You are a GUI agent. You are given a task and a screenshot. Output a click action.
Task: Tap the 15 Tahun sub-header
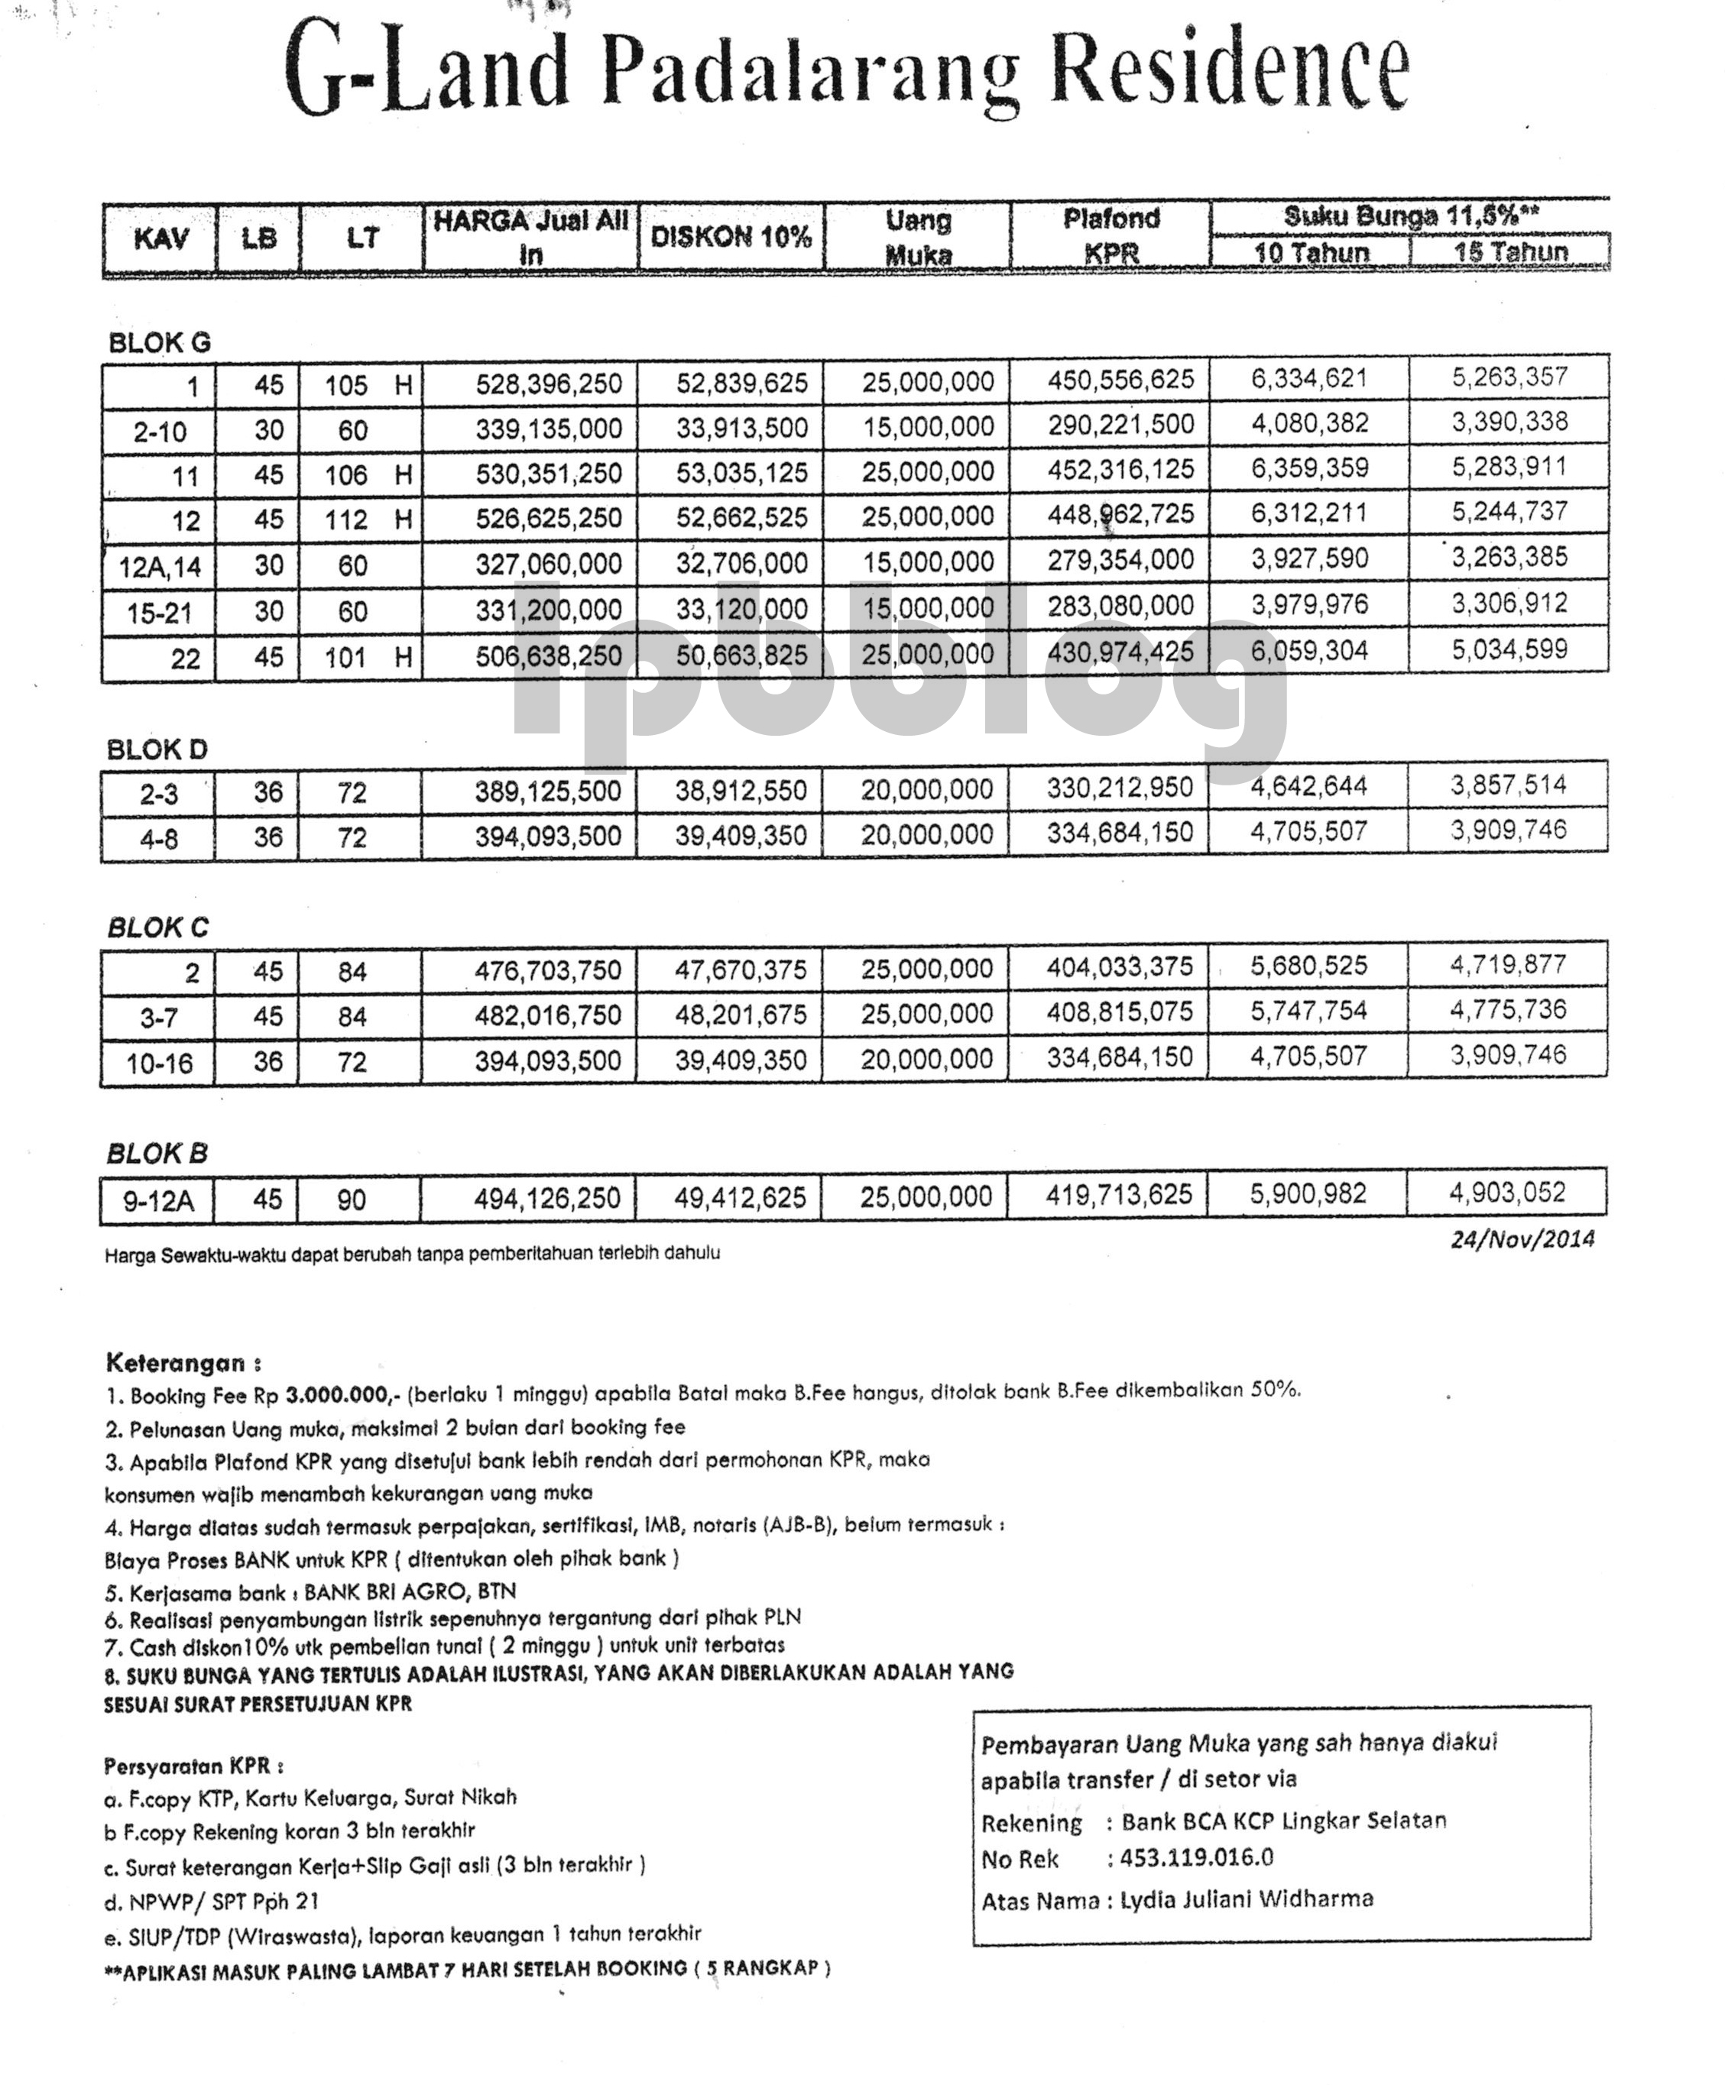pos(1510,252)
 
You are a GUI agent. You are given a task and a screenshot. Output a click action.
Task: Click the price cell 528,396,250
pos(548,384)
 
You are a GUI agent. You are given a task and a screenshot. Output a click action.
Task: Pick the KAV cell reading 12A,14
pos(160,567)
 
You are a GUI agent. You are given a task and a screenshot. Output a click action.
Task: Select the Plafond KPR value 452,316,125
pos(1120,470)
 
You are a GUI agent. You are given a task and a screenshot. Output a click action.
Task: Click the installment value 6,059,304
pos(1309,651)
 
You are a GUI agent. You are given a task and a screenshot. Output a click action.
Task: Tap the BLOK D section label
pos(157,749)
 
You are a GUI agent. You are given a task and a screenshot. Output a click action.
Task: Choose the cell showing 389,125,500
pos(547,792)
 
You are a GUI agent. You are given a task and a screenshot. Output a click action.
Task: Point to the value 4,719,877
pos(1507,965)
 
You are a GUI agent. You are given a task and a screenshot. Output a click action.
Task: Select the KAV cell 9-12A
pos(158,1201)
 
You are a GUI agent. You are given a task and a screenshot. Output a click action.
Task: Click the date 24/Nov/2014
pos(1522,1239)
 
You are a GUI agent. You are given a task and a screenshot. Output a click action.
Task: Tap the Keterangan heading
pos(183,1363)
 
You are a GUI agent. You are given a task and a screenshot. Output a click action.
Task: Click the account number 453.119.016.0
pos(1197,1857)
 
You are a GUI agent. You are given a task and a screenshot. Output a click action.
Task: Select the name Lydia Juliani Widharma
pos(1247,1899)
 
